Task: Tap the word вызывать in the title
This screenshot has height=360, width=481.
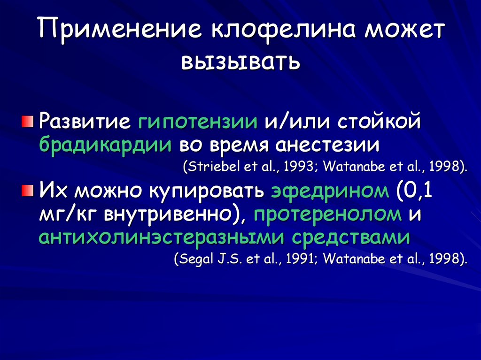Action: point(240,61)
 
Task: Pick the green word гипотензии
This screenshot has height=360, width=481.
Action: point(198,123)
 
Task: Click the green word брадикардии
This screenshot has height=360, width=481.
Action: point(105,145)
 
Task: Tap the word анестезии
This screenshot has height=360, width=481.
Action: point(327,145)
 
